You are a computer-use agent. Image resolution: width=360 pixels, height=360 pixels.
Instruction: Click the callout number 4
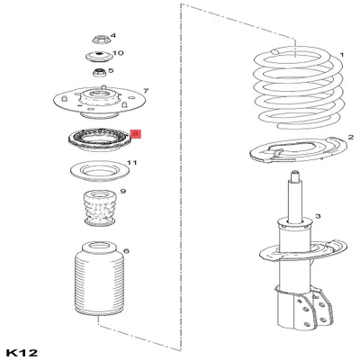point(112,34)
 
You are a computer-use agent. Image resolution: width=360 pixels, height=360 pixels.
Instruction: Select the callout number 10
point(119,54)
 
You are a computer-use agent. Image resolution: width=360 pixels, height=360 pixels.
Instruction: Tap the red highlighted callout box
point(136,132)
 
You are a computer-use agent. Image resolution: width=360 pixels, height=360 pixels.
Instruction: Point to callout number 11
point(132,163)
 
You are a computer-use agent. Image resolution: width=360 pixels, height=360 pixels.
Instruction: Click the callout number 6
point(126,251)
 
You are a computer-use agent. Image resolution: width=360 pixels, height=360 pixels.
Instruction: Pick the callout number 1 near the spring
point(341,54)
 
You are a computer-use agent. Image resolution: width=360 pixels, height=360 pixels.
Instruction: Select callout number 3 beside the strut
point(318,217)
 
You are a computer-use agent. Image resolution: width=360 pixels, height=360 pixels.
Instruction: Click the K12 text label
point(20,350)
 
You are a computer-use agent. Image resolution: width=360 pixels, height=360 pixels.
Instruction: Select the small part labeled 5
point(99,72)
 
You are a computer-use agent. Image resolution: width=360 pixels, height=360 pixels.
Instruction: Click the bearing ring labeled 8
point(97,139)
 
